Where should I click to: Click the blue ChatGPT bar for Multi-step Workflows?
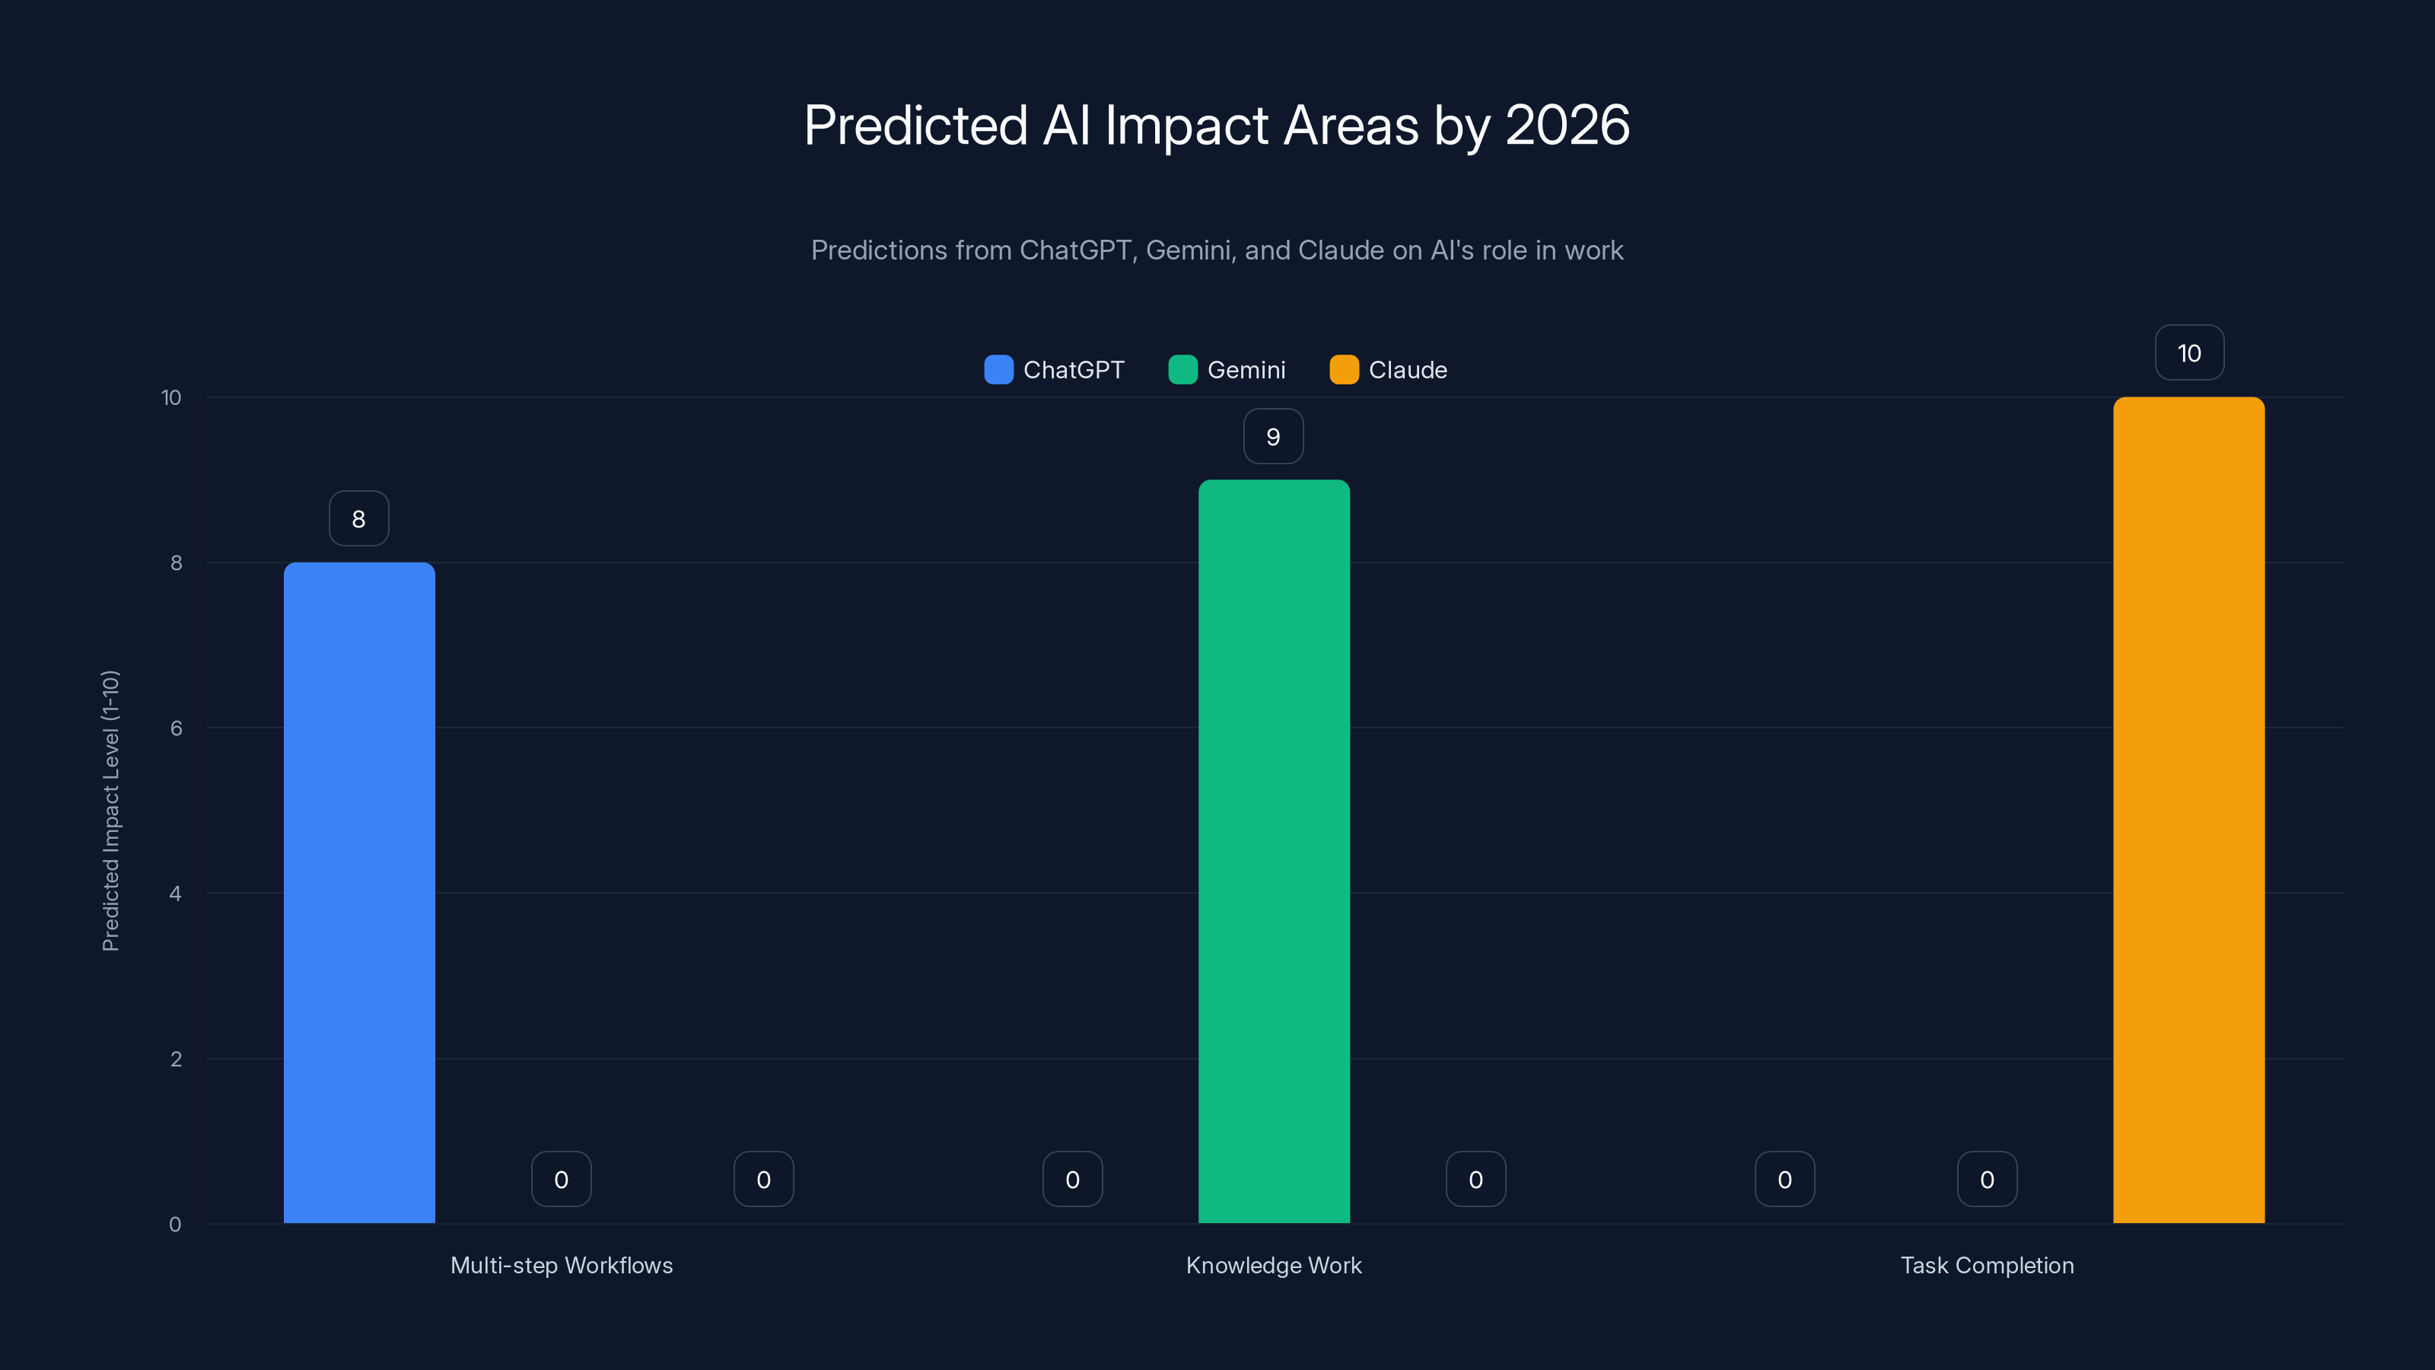point(359,893)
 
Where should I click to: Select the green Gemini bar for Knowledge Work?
point(1273,851)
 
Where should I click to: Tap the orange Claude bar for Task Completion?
point(2188,811)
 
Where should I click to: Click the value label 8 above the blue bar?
point(358,518)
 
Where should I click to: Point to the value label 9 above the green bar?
point(1273,436)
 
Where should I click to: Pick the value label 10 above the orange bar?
point(2189,352)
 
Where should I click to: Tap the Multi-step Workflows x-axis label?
point(562,1265)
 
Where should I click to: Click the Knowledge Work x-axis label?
point(1273,1265)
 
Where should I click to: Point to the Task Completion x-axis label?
point(1987,1265)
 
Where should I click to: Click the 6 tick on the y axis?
point(176,728)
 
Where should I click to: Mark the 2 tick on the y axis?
point(176,1059)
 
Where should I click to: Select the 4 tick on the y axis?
point(176,894)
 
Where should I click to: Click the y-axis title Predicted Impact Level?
point(110,811)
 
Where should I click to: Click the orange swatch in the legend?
point(1343,370)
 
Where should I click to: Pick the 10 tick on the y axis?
point(171,397)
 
